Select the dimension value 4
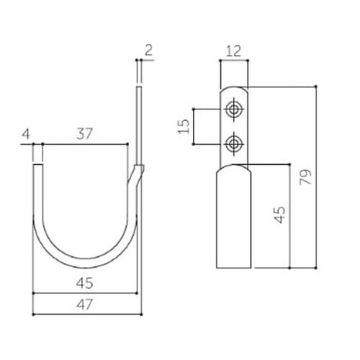pyautogui.click(x=26, y=134)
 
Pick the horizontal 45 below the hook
pyautogui.click(x=84, y=284)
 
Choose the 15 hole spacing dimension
pyautogui.click(x=184, y=127)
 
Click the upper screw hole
pyautogui.click(x=233, y=109)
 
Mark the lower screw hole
pyautogui.click(x=233, y=145)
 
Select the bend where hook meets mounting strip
pyautogui.click(x=137, y=173)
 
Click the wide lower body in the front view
pyautogui.click(x=233, y=216)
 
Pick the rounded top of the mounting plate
pyautogui.click(x=233, y=90)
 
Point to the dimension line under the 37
pyautogui.click(x=85, y=144)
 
